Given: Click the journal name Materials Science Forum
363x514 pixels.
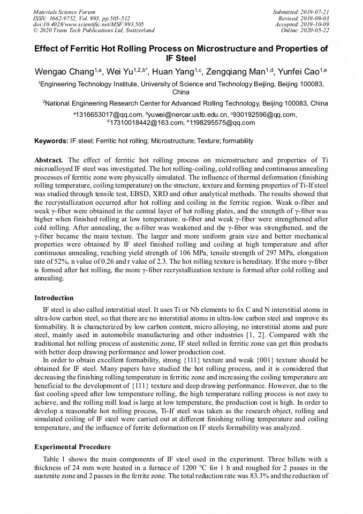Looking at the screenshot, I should pos(64,12).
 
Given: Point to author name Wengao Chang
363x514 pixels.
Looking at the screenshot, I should pos(64,72).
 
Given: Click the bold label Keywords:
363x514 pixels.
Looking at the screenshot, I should pos(51,141).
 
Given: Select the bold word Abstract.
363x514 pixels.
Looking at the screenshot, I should pos(49,160).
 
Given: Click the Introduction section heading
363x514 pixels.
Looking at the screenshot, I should pos(54,298).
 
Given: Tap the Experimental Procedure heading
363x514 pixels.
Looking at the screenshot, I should pos(72,446).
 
